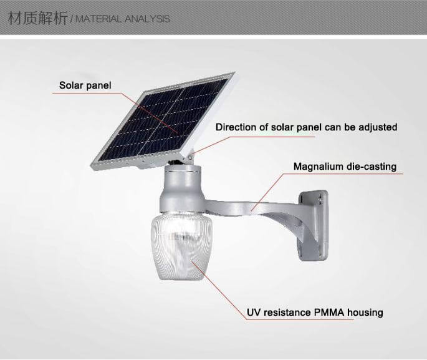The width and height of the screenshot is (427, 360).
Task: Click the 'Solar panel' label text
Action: click(x=85, y=85)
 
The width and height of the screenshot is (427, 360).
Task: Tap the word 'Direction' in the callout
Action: click(x=236, y=127)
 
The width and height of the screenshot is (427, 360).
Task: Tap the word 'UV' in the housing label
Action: click(x=254, y=313)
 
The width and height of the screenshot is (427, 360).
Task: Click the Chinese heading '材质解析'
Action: click(x=38, y=18)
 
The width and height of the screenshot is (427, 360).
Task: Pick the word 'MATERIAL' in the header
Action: click(x=98, y=19)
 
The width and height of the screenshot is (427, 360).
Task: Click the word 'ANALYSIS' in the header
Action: click(x=147, y=19)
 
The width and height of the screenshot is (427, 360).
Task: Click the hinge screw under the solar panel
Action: click(x=190, y=157)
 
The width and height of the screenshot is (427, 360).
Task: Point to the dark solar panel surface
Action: click(x=163, y=119)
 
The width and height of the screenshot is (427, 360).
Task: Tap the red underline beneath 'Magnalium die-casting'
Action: click(x=342, y=173)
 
